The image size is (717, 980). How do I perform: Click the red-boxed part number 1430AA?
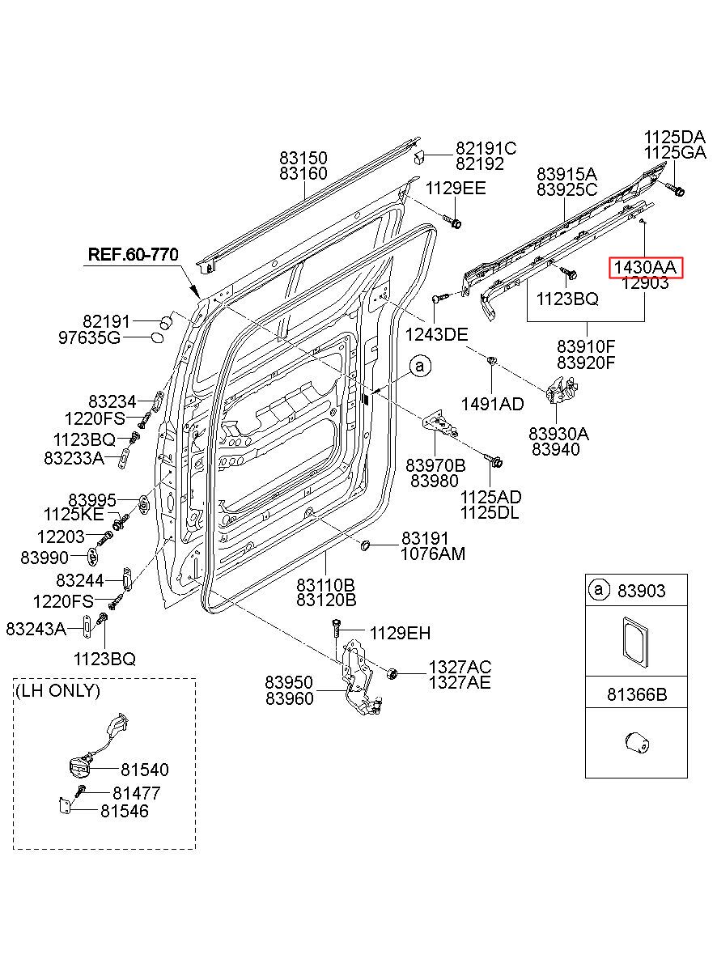645,267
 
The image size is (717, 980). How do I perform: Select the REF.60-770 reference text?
134,254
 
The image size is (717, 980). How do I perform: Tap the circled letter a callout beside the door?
420,367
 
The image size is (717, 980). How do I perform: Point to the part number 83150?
303,158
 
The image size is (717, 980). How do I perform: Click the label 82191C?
486,148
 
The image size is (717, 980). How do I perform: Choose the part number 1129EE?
456,188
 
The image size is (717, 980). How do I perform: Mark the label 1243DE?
436,335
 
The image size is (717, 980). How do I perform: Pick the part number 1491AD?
492,405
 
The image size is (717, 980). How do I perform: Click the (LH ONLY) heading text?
57,690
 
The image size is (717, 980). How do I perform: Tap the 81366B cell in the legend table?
637,694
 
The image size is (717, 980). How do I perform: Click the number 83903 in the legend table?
641,591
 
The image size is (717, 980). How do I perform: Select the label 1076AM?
433,554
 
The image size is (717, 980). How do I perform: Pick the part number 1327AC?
460,667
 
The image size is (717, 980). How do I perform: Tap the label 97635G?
89,337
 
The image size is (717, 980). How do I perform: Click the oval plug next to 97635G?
158,338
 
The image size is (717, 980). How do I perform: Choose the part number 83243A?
36,629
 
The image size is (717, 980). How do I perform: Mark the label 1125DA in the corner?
674,137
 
